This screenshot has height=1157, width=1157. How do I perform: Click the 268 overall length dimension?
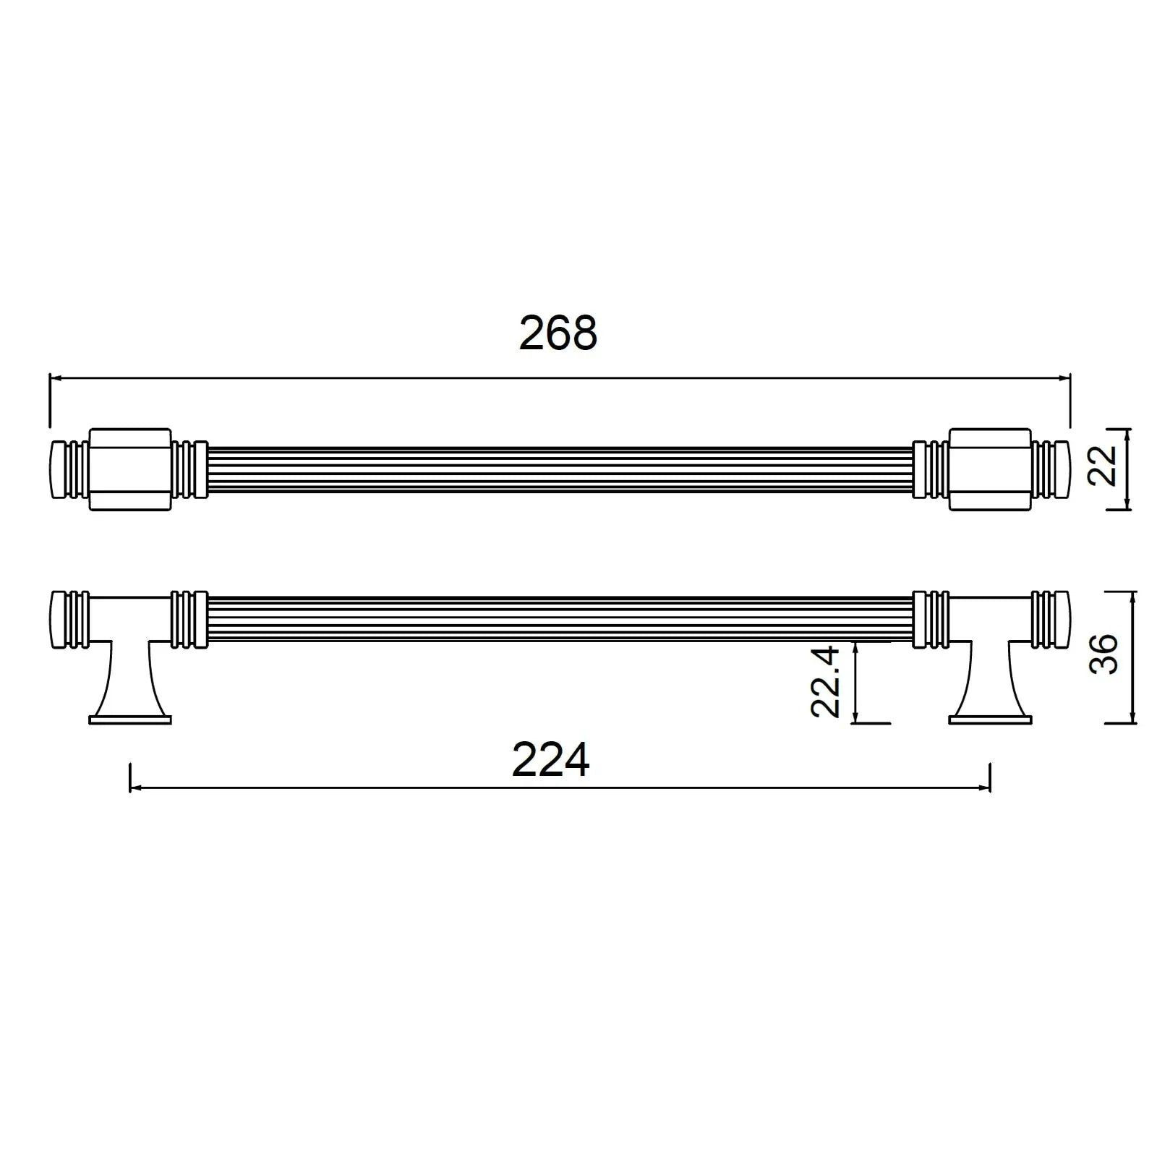pyautogui.click(x=558, y=333)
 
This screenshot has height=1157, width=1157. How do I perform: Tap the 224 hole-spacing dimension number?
pyautogui.click(x=551, y=760)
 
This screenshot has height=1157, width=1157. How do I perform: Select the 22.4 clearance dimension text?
pyautogui.click(x=825, y=682)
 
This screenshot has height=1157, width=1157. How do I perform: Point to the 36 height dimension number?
pyautogui.click(x=1103, y=654)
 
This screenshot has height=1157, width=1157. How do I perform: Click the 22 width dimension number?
pyautogui.click(x=1103, y=465)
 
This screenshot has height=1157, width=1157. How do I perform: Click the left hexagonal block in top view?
pyautogui.click(x=130, y=469)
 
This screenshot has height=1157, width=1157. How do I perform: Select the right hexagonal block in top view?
pyautogui.click(x=989, y=469)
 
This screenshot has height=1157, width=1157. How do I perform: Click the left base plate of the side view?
pyautogui.click(x=130, y=720)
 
